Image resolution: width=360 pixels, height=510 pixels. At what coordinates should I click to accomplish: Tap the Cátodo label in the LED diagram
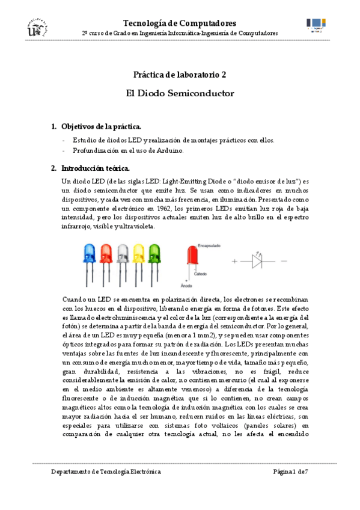(x=201, y=274)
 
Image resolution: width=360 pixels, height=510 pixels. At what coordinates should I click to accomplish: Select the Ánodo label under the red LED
(x=187, y=286)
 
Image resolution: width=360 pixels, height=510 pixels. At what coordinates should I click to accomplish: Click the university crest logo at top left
(x=35, y=28)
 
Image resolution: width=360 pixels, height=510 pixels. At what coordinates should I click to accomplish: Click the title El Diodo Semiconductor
(x=180, y=94)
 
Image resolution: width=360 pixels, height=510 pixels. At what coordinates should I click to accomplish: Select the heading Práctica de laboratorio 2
(x=180, y=75)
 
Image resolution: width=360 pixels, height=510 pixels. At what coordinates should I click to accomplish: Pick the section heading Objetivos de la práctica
(x=102, y=126)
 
